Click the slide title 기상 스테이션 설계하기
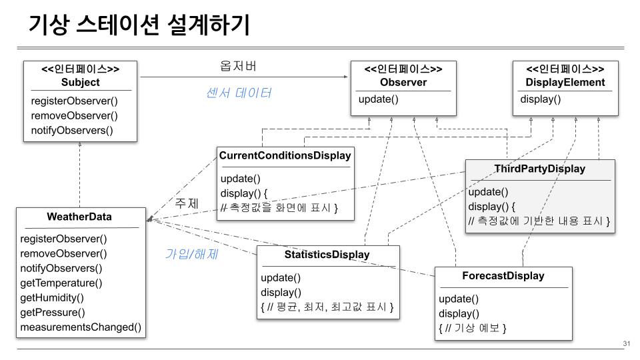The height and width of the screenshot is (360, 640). (x=139, y=25)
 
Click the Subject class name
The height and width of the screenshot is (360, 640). (x=80, y=83)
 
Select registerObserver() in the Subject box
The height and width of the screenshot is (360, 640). (x=74, y=101)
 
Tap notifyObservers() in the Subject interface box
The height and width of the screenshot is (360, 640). (x=72, y=130)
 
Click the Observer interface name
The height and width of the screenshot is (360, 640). (x=403, y=83)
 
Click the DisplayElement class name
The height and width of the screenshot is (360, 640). (x=565, y=83)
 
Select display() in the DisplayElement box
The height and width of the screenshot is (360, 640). (x=540, y=100)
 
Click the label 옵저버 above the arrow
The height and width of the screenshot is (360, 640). (x=238, y=67)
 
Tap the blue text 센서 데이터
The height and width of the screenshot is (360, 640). (x=238, y=93)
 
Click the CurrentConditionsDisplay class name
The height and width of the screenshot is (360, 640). (x=285, y=155)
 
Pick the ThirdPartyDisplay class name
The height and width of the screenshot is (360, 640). (x=539, y=169)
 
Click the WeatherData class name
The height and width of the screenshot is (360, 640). (x=79, y=217)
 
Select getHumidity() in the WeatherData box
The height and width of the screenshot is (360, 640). (x=52, y=297)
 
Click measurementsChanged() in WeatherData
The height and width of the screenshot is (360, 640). (x=81, y=327)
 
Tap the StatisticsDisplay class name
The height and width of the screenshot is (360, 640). (x=327, y=254)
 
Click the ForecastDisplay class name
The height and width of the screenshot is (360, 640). (x=503, y=275)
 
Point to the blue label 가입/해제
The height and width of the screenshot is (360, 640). (x=191, y=253)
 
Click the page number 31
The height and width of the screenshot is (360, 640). (x=626, y=343)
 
